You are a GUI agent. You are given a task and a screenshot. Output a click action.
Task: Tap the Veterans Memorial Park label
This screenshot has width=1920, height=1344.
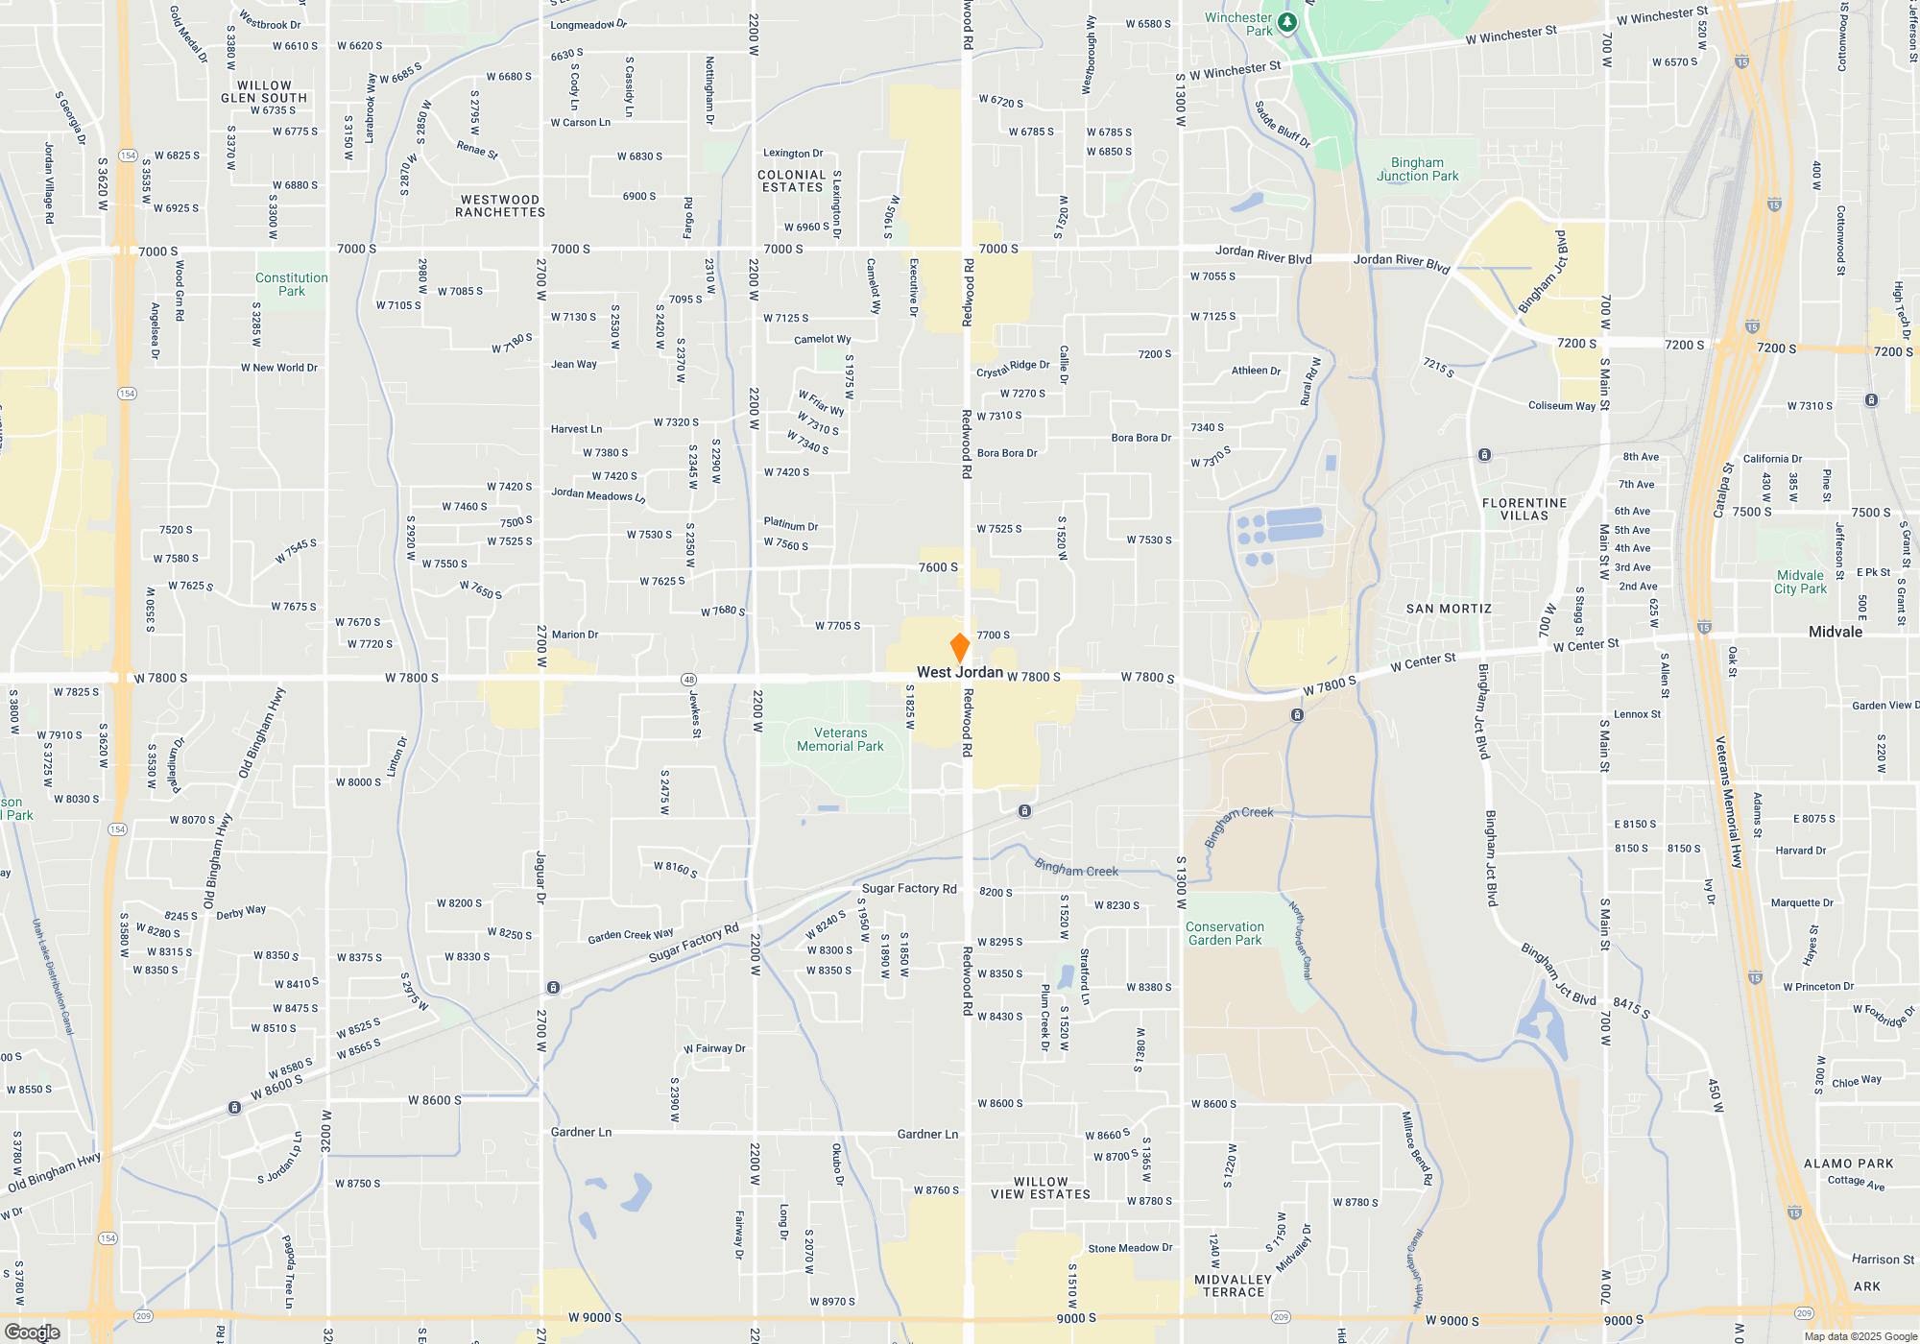pyautogui.click(x=840, y=739)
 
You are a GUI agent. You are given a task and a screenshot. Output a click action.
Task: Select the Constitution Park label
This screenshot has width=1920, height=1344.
pyautogui.click(x=292, y=284)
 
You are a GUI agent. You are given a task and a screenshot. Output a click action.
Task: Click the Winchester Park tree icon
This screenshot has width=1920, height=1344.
pyautogui.click(x=1287, y=22)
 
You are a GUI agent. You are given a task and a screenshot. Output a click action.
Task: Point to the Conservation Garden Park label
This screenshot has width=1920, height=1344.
pyautogui.click(x=1225, y=933)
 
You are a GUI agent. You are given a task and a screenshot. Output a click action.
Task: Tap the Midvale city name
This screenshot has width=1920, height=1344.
pyautogui.click(x=1835, y=632)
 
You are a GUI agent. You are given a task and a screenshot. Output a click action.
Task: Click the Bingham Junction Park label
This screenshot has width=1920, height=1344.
pyautogui.click(x=1417, y=169)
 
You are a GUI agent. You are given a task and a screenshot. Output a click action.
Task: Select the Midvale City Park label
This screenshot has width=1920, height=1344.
pyautogui.click(x=1800, y=582)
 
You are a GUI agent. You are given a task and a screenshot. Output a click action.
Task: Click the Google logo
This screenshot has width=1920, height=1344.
pyautogui.click(x=33, y=1332)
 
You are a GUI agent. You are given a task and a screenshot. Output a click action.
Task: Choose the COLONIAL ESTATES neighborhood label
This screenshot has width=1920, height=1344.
pyautogui.click(x=792, y=181)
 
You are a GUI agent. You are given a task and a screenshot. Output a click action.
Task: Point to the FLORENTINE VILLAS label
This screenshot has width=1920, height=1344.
pyautogui.click(x=1524, y=509)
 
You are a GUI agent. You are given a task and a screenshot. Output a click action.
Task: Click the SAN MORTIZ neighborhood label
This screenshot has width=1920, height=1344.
pyautogui.click(x=1449, y=609)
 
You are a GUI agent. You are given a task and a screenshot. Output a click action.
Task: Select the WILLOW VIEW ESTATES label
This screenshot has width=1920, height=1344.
pyautogui.click(x=1041, y=1188)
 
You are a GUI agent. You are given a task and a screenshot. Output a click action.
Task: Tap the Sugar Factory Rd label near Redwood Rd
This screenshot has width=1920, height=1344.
pyautogui.click(x=909, y=889)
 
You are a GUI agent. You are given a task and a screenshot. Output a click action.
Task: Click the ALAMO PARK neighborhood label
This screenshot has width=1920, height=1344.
pyautogui.click(x=1848, y=1164)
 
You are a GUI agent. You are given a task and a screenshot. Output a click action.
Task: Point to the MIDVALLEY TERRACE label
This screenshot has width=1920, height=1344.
pyautogui.click(x=1234, y=1285)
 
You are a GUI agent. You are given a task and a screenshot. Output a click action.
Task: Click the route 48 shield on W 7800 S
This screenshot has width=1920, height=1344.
pyautogui.click(x=688, y=680)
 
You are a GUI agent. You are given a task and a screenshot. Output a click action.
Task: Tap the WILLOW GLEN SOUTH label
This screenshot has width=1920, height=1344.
pyautogui.click(x=264, y=92)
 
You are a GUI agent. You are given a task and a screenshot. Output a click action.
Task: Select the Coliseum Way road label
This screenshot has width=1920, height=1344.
pyautogui.click(x=1562, y=406)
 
